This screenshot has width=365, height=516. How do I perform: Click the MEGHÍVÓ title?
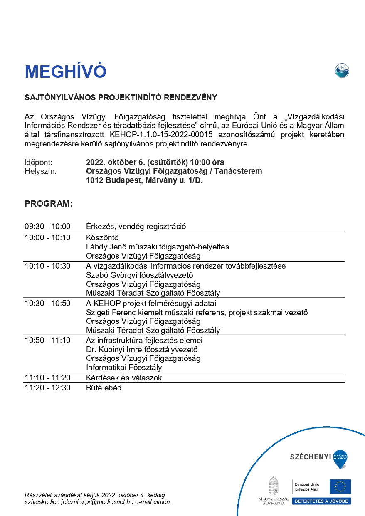[66, 72]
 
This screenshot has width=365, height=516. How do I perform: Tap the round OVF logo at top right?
[342, 70]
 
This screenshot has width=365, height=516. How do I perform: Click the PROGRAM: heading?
[49, 204]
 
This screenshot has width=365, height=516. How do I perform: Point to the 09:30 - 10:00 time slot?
[47, 227]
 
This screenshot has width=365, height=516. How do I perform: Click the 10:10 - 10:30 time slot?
[47, 266]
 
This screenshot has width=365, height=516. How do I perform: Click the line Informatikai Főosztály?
[124, 368]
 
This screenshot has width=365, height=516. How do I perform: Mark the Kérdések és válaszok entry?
[124, 378]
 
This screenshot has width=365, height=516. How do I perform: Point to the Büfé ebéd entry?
[104, 388]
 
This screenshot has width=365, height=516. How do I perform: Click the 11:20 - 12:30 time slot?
[47, 388]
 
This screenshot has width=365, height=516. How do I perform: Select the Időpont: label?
[39, 162]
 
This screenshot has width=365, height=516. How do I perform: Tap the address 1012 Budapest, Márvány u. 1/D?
[144, 181]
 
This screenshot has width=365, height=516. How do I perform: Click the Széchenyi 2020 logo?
[318, 457]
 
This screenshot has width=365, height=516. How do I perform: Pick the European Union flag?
[340, 486]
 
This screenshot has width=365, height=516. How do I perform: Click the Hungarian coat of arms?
[273, 486]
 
